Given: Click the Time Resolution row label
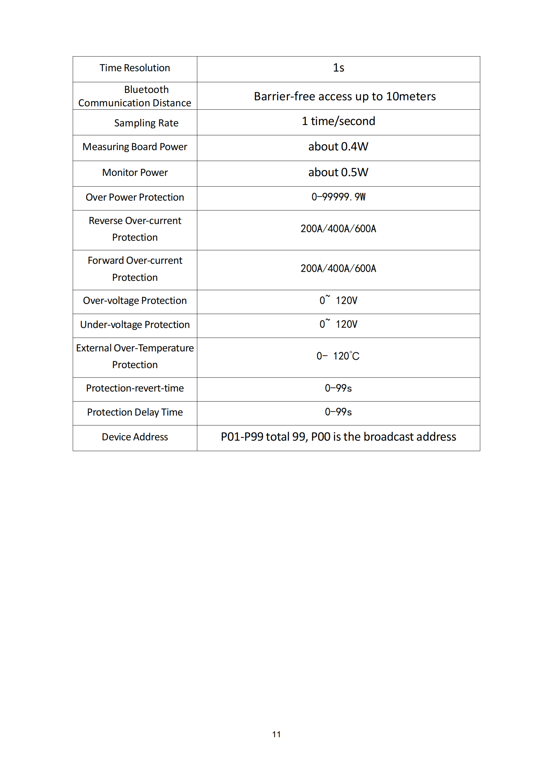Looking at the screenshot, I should (134, 68).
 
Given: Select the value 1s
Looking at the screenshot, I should (338, 68).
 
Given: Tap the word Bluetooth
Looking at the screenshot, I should (146, 90).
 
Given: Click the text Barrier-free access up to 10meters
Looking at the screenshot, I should (345, 96).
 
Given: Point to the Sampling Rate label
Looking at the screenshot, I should (146, 123).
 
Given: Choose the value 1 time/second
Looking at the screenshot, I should (338, 121).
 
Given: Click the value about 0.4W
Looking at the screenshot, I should (338, 147).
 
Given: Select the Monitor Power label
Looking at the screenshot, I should (135, 173).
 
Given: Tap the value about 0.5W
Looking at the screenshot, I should (338, 172).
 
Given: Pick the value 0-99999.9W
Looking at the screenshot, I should (338, 197).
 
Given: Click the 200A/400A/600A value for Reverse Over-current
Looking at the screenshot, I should (338, 229).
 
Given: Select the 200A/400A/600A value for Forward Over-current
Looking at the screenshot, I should (338, 268).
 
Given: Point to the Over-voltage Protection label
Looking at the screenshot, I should (135, 301).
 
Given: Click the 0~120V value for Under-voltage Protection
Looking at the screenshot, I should (338, 324).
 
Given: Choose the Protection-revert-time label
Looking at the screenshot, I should (135, 388).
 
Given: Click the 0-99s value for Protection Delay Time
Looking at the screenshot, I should (338, 412).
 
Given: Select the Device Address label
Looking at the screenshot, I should (135, 437).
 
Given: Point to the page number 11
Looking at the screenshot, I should (276, 735).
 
